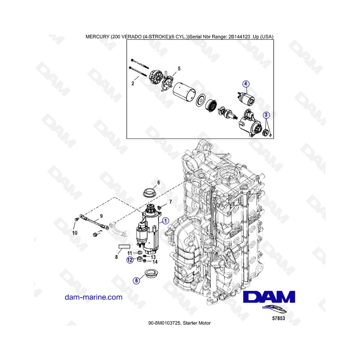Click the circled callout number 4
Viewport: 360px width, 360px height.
pos(246,84)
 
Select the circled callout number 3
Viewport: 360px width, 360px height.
pos(266,115)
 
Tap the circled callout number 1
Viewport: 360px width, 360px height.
pos(165,221)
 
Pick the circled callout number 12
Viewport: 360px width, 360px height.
pos(130,260)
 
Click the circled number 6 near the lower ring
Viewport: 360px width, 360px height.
pos(137,280)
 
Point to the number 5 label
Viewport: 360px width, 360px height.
pos(179,69)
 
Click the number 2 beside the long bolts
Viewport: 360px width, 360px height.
pos(133,84)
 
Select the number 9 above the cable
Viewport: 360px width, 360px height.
pos(101,216)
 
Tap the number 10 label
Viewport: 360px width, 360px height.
pos(75,233)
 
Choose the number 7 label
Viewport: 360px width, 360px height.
pos(170,202)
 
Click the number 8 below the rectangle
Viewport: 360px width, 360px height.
pos(116,257)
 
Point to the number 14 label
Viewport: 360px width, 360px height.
pos(155,262)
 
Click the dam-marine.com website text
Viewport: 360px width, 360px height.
pos(94,297)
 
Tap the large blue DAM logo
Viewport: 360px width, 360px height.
pos(269,297)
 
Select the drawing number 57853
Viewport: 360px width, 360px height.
pos(278,318)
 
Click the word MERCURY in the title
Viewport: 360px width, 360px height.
pos(97,36)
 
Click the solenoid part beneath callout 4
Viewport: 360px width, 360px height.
pos(246,97)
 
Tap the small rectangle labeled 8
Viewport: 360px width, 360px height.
pos(124,246)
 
